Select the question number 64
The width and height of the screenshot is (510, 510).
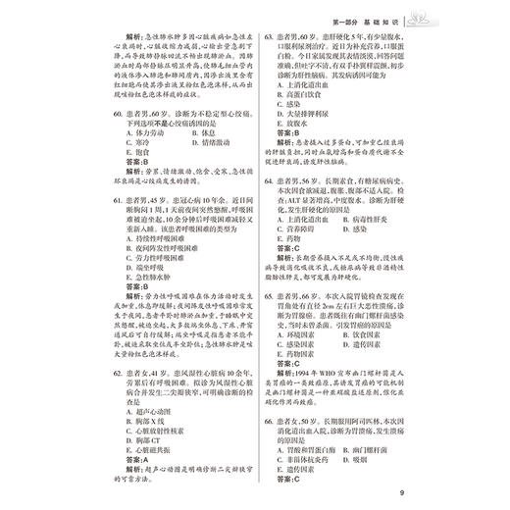click(x=270, y=182)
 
